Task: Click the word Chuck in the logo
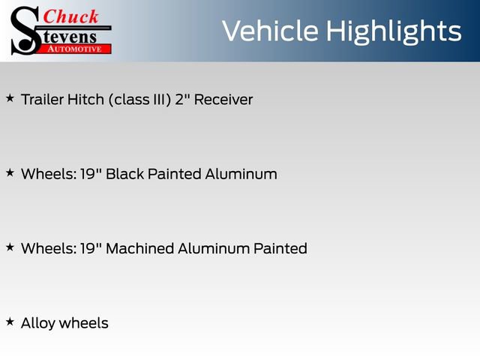coord(71,16)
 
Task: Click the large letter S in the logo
coord(24,30)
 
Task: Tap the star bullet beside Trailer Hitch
coord(10,98)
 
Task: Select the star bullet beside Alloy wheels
coord(10,322)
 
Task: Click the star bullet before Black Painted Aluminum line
coord(10,173)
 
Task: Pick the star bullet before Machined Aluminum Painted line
coord(10,247)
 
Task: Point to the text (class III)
coord(139,99)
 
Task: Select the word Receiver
coord(223,99)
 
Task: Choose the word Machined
coord(139,248)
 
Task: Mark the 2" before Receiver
coord(182,99)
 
